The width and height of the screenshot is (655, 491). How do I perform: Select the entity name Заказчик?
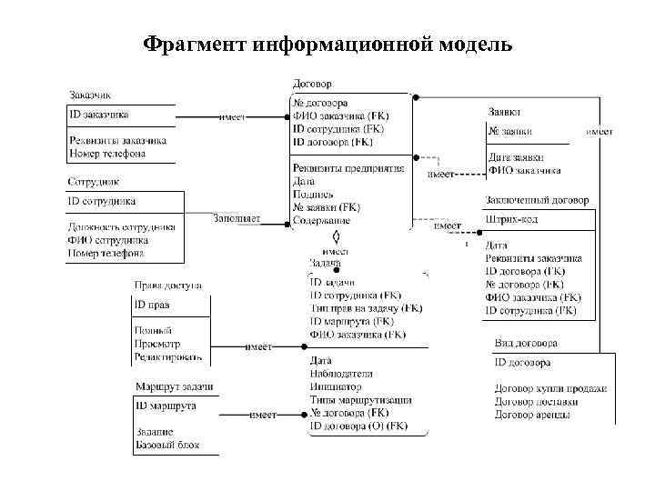[x=91, y=95]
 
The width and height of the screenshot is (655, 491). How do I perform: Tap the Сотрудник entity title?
[x=94, y=182]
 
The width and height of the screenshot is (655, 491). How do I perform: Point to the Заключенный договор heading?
[x=537, y=200]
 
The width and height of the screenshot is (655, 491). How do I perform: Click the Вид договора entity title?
[x=526, y=344]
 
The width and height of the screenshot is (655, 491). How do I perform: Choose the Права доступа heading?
[x=168, y=286]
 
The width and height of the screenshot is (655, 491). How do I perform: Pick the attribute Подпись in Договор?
[x=313, y=194]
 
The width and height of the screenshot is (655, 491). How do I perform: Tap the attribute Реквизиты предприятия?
[x=348, y=168]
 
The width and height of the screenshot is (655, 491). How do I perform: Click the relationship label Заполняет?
[x=237, y=218]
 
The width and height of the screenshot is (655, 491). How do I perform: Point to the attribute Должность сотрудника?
[x=122, y=226]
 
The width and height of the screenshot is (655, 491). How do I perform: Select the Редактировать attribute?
[x=168, y=358]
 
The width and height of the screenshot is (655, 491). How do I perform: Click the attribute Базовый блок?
[x=167, y=446]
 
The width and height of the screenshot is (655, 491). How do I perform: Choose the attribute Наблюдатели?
[x=342, y=374]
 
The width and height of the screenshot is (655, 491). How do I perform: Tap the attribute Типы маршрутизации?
[x=361, y=399]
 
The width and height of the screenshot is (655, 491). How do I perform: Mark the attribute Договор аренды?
[x=533, y=415]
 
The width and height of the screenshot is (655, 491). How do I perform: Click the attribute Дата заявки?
[x=516, y=157]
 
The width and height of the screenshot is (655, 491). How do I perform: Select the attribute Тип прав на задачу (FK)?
[x=366, y=308]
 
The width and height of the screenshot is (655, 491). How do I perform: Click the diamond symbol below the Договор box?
[x=336, y=236]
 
